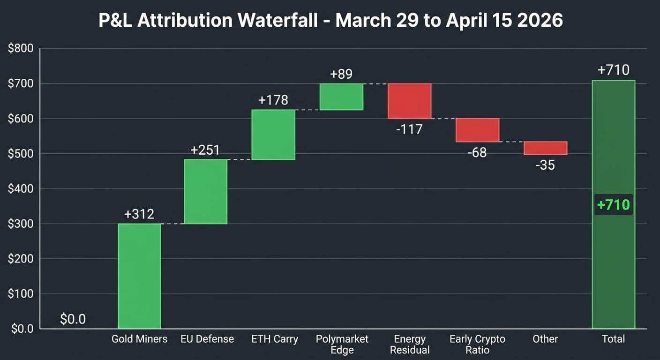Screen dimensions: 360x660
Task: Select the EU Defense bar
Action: (205, 192)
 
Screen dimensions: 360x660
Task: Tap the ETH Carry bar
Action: (273, 135)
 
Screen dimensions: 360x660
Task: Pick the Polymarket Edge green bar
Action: (341, 97)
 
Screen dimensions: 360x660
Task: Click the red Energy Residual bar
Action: (409, 101)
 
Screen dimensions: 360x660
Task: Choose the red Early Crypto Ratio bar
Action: (477, 130)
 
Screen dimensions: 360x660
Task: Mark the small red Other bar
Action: (545, 148)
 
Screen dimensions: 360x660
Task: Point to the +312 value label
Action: (139, 214)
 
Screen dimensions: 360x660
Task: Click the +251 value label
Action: (205, 150)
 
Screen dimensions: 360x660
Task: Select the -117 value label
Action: (409, 129)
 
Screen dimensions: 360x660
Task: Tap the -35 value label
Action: (545, 165)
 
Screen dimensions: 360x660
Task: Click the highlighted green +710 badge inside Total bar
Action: (613, 205)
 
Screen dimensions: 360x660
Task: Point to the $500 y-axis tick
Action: (21, 154)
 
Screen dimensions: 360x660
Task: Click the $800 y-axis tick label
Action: (21, 48)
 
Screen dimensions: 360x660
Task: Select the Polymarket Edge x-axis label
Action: (342, 344)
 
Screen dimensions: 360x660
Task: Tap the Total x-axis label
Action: (613, 339)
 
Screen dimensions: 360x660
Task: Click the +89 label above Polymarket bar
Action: (341, 74)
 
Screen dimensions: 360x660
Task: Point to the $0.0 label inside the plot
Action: (73, 319)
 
